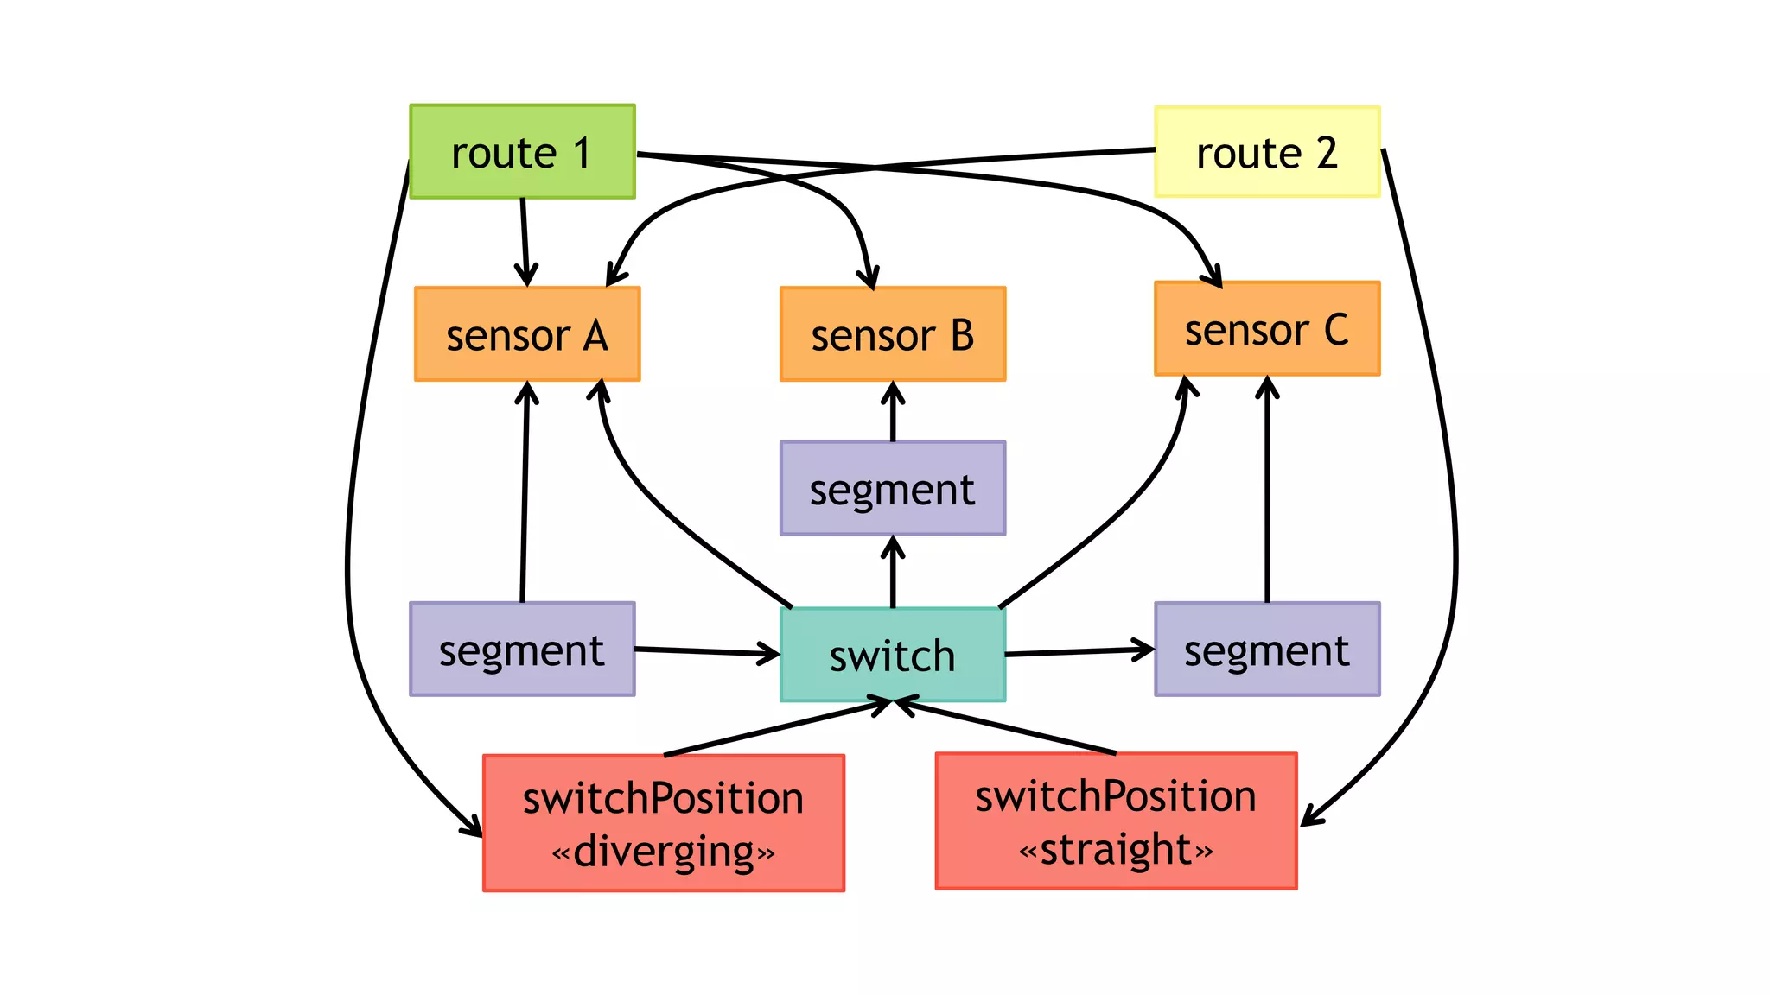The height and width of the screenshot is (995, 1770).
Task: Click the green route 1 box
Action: (x=522, y=152)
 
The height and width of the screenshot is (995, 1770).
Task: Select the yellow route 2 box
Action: (x=1267, y=152)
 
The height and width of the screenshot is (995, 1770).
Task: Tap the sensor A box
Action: (x=527, y=334)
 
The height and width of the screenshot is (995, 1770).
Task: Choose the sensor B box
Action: (x=893, y=334)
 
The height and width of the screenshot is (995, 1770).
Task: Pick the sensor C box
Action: (x=1267, y=329)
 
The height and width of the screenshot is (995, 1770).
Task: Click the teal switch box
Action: (x=893, y=655)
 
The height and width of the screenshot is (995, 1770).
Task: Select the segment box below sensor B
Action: (x=893, y=489)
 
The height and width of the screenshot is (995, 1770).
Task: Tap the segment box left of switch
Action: (x=522, y=650)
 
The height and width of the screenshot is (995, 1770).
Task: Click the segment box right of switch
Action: (x=1267, y=650)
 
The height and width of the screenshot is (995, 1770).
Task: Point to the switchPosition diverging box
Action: (x=664, y=822)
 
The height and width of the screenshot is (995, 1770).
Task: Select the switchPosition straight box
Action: (x=1116, y=821)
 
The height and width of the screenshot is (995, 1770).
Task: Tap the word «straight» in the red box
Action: (x=1116, y=850)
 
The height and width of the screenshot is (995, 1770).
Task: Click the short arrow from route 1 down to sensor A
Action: (x=525, y=242)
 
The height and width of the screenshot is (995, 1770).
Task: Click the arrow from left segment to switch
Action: (x=707, y=651)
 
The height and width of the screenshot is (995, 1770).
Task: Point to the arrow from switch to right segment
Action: (x=1079, y=651)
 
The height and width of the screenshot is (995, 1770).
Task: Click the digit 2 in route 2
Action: (x=1327, y=153)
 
